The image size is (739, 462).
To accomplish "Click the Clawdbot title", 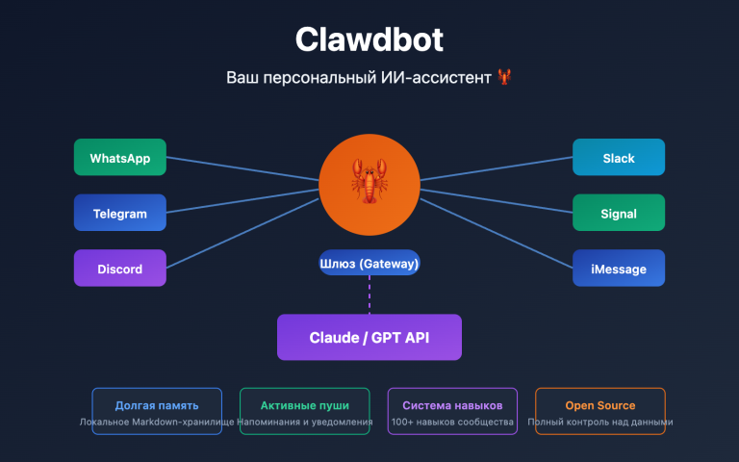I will (x=369, y=40).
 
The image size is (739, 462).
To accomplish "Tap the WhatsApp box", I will (x=119, y=158).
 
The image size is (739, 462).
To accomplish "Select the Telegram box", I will (x=119, y=214).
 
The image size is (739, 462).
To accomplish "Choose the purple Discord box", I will (x=119, y=269).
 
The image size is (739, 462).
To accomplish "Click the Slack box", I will (x=619, y=158).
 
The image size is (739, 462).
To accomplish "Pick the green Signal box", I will (x=619, y=214).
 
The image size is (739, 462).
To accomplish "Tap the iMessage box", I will (x=619, y=269).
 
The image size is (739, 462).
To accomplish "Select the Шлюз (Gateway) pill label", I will (x=369, y=262).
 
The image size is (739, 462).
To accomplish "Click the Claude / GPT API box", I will (x=369, y=338).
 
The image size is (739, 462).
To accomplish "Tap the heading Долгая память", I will (x=157, y=405).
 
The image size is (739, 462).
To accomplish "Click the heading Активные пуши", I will (x=305, y=405).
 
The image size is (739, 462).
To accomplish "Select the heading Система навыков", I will (x=452, y=405).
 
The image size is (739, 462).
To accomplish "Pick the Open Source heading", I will (x=599, y=405).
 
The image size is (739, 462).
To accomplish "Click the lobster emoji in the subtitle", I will (x=505, y=77).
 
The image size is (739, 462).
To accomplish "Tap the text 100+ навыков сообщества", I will (x=452, y=423).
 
